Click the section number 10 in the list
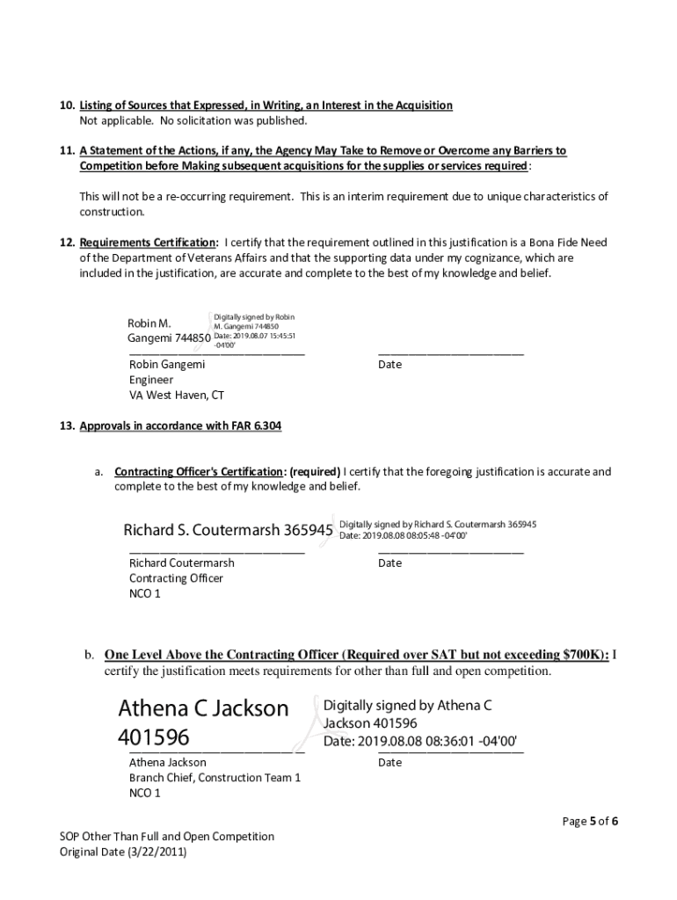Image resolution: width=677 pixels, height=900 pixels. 66,105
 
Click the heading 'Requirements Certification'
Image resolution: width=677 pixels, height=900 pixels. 149,243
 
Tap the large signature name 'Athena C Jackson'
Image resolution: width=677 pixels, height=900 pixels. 203,708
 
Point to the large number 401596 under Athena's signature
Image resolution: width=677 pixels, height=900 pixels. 154,737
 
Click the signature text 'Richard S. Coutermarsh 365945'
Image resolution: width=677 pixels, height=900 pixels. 228,531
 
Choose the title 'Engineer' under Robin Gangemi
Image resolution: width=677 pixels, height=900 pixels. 151,380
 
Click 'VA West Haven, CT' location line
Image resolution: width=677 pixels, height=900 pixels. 177,396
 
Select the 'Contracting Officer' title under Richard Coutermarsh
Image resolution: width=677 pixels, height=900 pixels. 176,578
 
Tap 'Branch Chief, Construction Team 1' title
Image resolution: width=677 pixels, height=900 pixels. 215,778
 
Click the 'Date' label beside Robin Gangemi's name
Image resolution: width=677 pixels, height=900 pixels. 389,365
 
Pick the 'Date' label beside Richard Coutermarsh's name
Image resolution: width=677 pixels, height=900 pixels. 389,563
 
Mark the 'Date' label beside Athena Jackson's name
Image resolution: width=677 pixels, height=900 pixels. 389,763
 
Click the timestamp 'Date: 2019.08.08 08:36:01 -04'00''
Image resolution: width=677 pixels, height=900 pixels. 420,741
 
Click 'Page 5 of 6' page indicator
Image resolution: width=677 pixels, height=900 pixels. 590,822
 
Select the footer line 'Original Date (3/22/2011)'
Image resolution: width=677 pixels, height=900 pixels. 123,852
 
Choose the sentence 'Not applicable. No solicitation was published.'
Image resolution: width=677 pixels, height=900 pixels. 193,120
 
